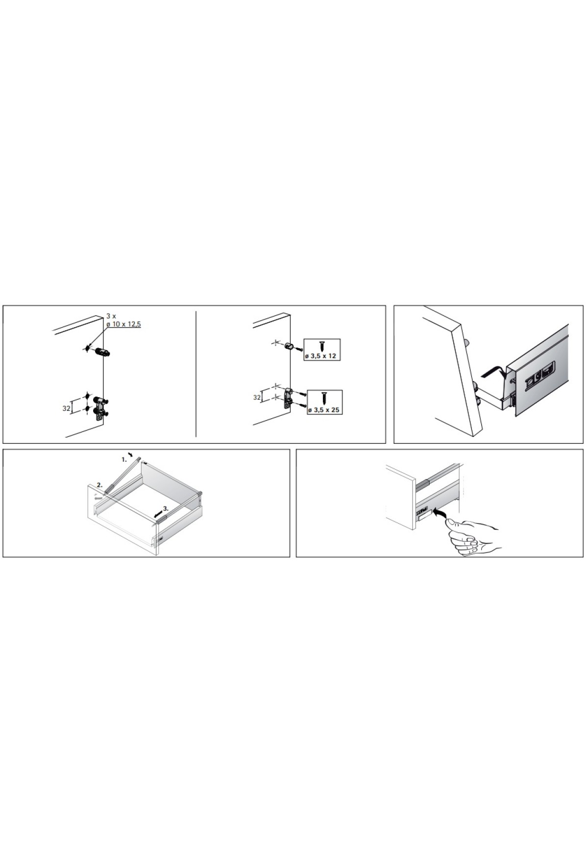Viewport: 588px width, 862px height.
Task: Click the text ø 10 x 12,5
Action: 123,324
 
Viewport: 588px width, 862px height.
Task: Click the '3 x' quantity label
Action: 111,316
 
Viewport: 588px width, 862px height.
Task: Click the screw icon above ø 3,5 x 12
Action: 322,346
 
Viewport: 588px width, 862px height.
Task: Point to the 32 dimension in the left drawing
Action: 67,407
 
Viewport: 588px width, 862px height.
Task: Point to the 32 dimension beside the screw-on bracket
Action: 257,398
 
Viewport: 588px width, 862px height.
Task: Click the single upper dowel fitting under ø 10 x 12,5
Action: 102,353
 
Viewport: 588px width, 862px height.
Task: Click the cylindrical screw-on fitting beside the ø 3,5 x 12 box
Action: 290,346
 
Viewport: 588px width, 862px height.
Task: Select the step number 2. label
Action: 99,485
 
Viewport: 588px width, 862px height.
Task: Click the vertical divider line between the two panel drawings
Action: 196,374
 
